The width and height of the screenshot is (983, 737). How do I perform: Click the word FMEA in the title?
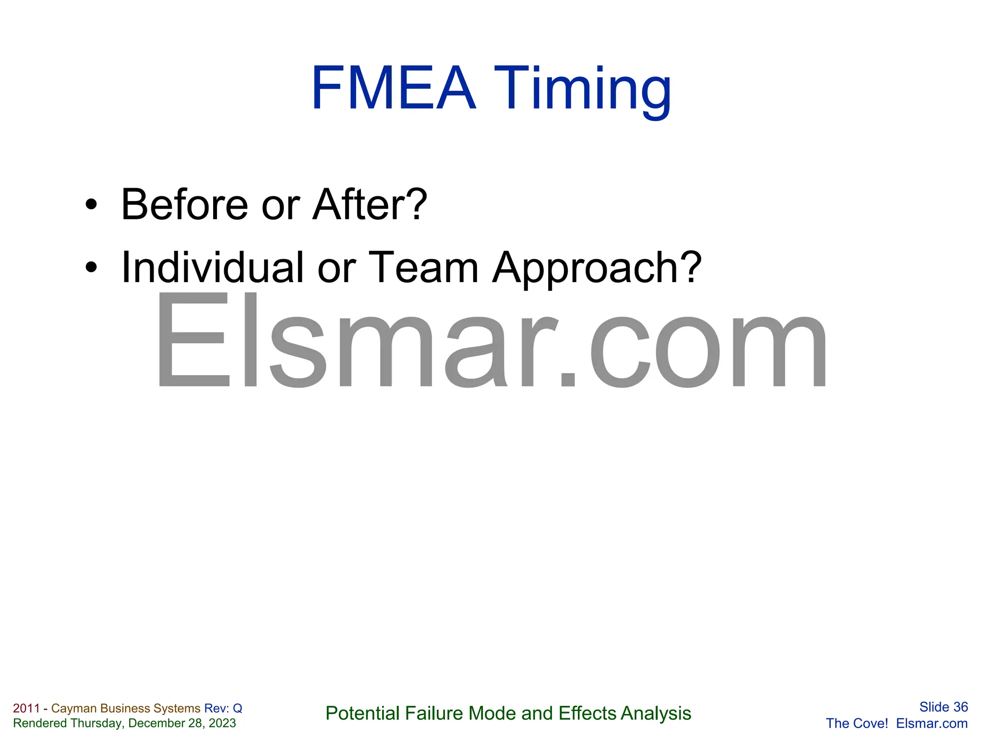coord(393,89)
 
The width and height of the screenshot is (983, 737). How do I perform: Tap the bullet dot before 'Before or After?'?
coord(91,205)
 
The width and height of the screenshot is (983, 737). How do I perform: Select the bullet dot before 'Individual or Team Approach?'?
coord(91,268)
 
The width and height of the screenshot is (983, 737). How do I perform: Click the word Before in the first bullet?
coord(185,205)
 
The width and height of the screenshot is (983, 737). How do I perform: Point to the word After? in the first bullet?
coord(370,205)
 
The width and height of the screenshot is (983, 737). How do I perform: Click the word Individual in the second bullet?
coord(213,268)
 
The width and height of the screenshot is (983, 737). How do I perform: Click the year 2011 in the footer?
coord(26,708)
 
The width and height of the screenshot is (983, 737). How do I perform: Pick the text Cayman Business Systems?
coord(126,708)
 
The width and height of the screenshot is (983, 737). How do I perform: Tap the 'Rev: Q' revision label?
coord(223,708)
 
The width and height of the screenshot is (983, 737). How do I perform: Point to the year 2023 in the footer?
coord(222,723)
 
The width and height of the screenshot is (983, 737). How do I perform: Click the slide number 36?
coord(960,707)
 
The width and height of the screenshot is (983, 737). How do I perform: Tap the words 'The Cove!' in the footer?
coord(857,723)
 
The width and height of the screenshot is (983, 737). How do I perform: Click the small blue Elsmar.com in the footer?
coord(932,723)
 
